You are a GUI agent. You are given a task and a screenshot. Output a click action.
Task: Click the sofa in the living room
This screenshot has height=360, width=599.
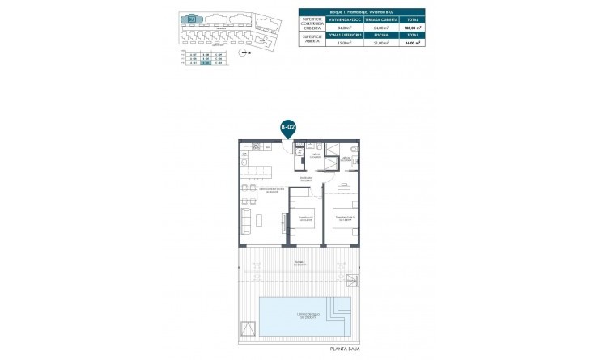[245, 218]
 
